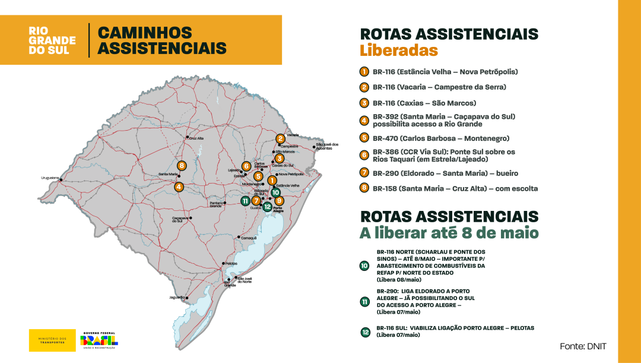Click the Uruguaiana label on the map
point(50,177)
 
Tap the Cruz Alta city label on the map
point(196,138)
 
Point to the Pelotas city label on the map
point(231,263)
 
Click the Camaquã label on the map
point(248,238)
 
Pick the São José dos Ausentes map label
point(327,146)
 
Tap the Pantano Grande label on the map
point(216,204)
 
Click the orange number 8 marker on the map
point(182,165)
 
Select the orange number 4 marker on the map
point(179,187)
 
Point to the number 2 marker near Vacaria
point(280,139)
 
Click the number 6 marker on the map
point(246,166)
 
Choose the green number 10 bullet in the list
point(364,266)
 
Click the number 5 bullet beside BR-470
point(364,138)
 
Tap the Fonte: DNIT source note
point(583,346)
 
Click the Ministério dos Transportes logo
point(52,340)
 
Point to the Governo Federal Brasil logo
point(99,340)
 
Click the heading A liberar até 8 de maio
point(449,233)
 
